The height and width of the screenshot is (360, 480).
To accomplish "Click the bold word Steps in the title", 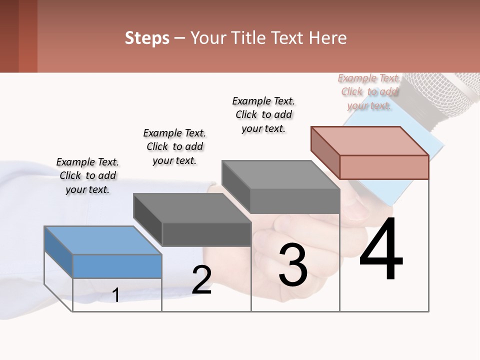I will point(147,38).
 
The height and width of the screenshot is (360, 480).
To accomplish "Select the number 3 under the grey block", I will point(293,265).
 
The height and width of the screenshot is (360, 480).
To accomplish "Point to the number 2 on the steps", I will point(201,280).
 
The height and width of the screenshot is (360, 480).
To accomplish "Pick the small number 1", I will point(115,295).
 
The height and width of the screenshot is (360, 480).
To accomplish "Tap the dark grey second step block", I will point(192,219).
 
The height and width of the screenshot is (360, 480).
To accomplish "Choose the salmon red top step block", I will point(370,152).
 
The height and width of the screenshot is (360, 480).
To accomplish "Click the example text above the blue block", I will point(87,175).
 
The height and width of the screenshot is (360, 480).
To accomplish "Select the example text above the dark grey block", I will point(174,146).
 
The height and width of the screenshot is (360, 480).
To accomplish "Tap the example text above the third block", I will point(263,114).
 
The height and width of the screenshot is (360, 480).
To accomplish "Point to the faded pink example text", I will point(369,91).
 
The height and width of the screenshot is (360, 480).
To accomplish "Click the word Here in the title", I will point(327,38).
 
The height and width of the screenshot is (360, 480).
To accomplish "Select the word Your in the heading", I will point(206,38).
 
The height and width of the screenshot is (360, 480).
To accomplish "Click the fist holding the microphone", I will point(295,240).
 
